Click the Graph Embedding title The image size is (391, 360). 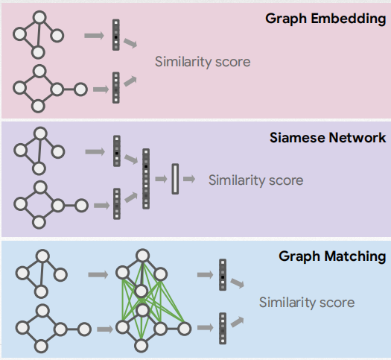(x=325, y=18)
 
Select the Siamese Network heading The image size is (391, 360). (x=328, y=137)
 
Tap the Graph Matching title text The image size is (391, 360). (x=332, y=256)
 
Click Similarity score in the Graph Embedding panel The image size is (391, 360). (x=203, y=61)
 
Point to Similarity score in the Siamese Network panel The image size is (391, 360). (x=255, y=180)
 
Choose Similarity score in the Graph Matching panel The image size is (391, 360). (x=307, y=302)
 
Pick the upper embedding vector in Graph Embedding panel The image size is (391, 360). (x=116, y=35)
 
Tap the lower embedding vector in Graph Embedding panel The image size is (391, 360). (x=116, y=87)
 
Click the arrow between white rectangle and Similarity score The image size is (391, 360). (x=190, y=180)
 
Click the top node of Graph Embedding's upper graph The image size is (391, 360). (x=40, y=15)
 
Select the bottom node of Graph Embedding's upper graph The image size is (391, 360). (x=39, y=51)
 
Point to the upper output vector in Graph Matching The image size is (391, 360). (x=222, y=275)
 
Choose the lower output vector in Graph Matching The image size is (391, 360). (x=222, y=328)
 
